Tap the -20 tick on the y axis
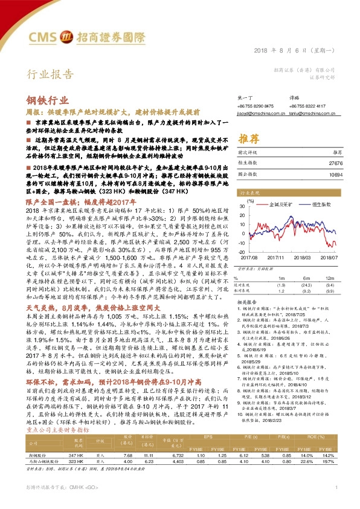click(242, 251)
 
